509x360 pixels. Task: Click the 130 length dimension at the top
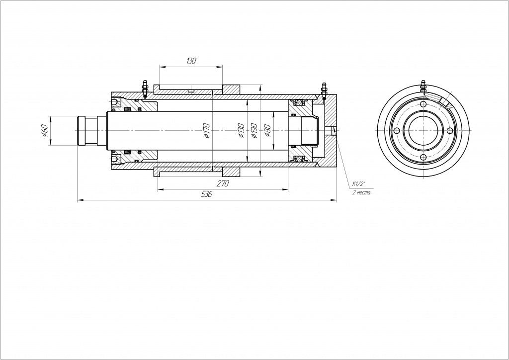pos(191,61)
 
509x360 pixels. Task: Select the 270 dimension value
pos(223,183)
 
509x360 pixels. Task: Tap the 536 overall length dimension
pos(207,194)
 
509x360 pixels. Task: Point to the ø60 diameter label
pos(45,130)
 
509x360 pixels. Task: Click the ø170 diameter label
pos(207,130)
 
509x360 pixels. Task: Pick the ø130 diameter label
pos(241,130)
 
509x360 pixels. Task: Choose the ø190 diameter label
pos(254,130)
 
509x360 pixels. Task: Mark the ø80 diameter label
pos(267,130)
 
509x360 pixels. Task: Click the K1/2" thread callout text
pos(359,184)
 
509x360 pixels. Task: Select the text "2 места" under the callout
pos(361,192)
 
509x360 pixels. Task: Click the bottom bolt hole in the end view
pos(423,157)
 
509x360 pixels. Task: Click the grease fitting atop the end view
pos(423,86)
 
